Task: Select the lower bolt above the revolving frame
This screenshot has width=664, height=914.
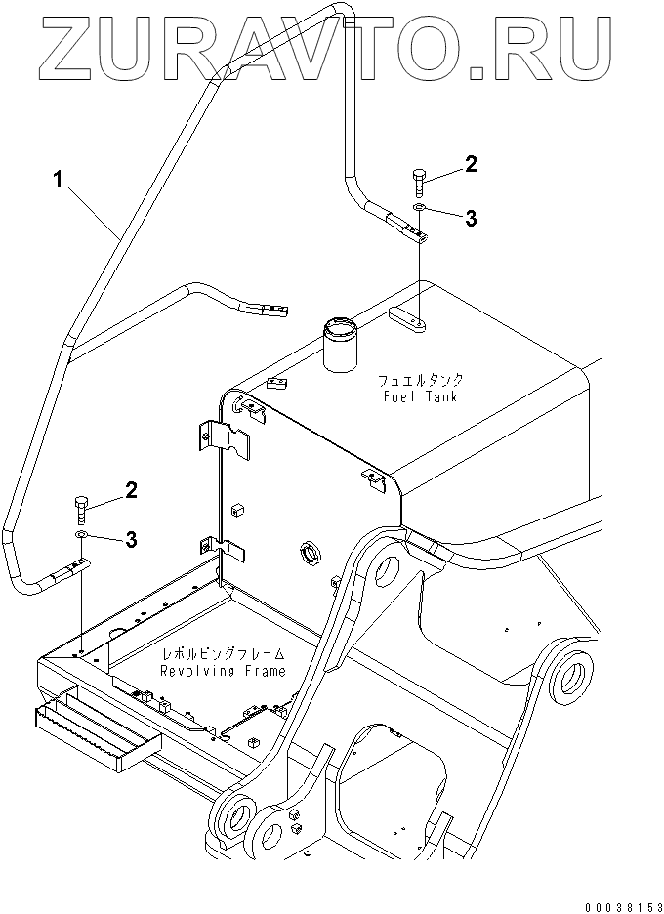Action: (x=82, y=509)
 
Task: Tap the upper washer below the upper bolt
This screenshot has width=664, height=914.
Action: (x=418, y=209)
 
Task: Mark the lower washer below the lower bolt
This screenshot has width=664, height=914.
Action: (x=82, y=535)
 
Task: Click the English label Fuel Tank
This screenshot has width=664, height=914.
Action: (x=421, y=396)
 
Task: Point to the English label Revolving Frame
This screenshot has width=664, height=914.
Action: (x=225, y=671)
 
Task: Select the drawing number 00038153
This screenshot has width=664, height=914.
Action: (x=618, y=903)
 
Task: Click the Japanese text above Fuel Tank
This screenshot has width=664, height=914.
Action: (x=421, y=379)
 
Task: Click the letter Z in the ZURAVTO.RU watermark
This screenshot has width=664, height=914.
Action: (x=65, y=44)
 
